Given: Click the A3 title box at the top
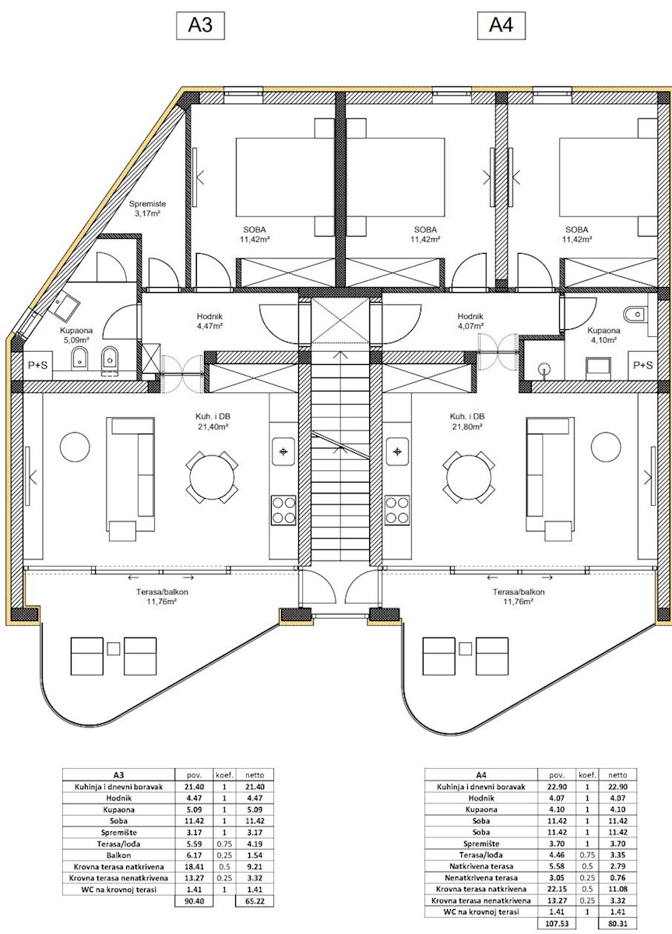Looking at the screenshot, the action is click(200, 26).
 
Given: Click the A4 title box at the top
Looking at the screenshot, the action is click(501, 26).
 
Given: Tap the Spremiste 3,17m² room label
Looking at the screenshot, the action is click(147, 209).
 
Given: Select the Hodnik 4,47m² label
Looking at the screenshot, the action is click(209, 321).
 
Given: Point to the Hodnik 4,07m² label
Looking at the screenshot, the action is click(470, 321).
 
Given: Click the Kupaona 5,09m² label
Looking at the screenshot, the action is click(76, 335).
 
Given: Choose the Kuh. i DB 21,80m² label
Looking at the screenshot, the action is click(466, 421).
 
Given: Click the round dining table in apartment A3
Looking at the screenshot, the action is click(212, 477).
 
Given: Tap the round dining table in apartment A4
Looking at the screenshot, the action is click(469, 477).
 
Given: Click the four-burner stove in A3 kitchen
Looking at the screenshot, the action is click(283, 510).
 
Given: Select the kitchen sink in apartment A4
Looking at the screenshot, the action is click(397, 451).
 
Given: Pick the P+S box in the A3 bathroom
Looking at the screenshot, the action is click(37, 365).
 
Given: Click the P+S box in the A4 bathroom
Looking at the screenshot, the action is click(642, 365).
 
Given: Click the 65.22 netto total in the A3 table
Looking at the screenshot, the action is click(255, 901).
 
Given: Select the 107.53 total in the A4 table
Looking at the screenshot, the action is click(557, 923).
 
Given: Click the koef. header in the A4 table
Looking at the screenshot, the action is click(587, 775).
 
